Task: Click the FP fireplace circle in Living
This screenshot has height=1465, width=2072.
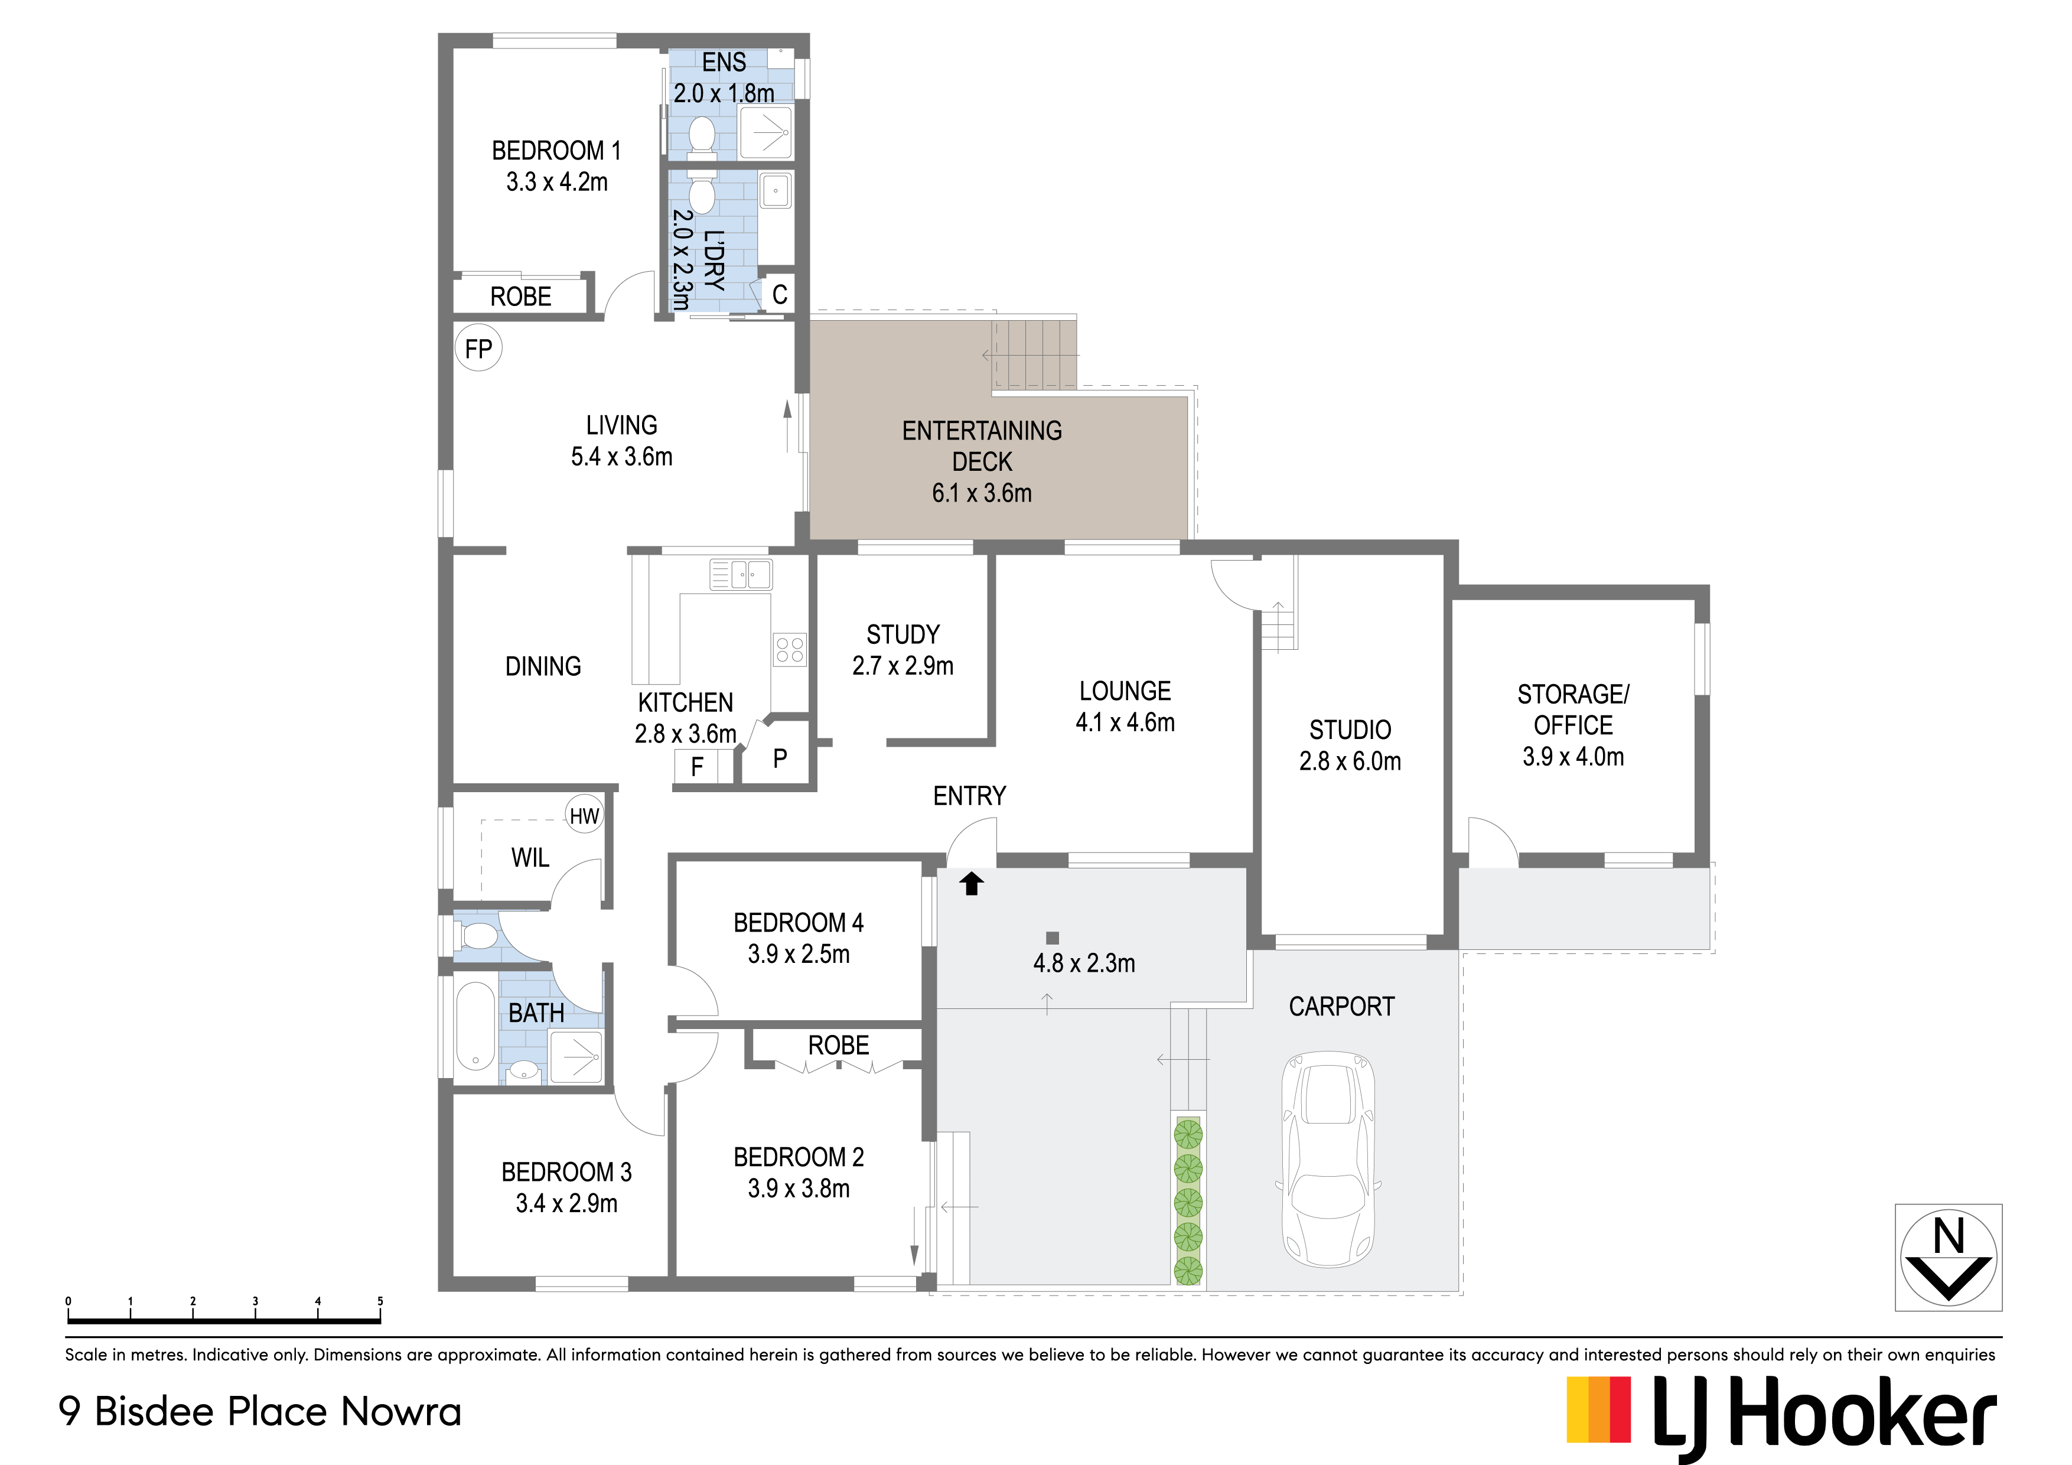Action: pos(478,349)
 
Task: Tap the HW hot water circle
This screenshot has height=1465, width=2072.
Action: pos(584,816)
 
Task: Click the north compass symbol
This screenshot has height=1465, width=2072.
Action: pos(1949,1258)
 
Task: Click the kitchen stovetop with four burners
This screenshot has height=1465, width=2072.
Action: pos(790,649)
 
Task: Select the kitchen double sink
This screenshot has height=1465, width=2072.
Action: pos(740,574)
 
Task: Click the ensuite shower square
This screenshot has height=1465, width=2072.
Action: pos(766,134)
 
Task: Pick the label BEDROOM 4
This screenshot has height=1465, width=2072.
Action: pos(799,923)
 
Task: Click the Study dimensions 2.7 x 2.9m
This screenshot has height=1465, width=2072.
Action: pos(903,666)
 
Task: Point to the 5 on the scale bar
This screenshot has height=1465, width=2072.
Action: pos(380,1301)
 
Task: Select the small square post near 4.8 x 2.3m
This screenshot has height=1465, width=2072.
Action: pos(1053,938)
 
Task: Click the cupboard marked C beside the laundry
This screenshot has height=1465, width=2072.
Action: pos(779,294)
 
